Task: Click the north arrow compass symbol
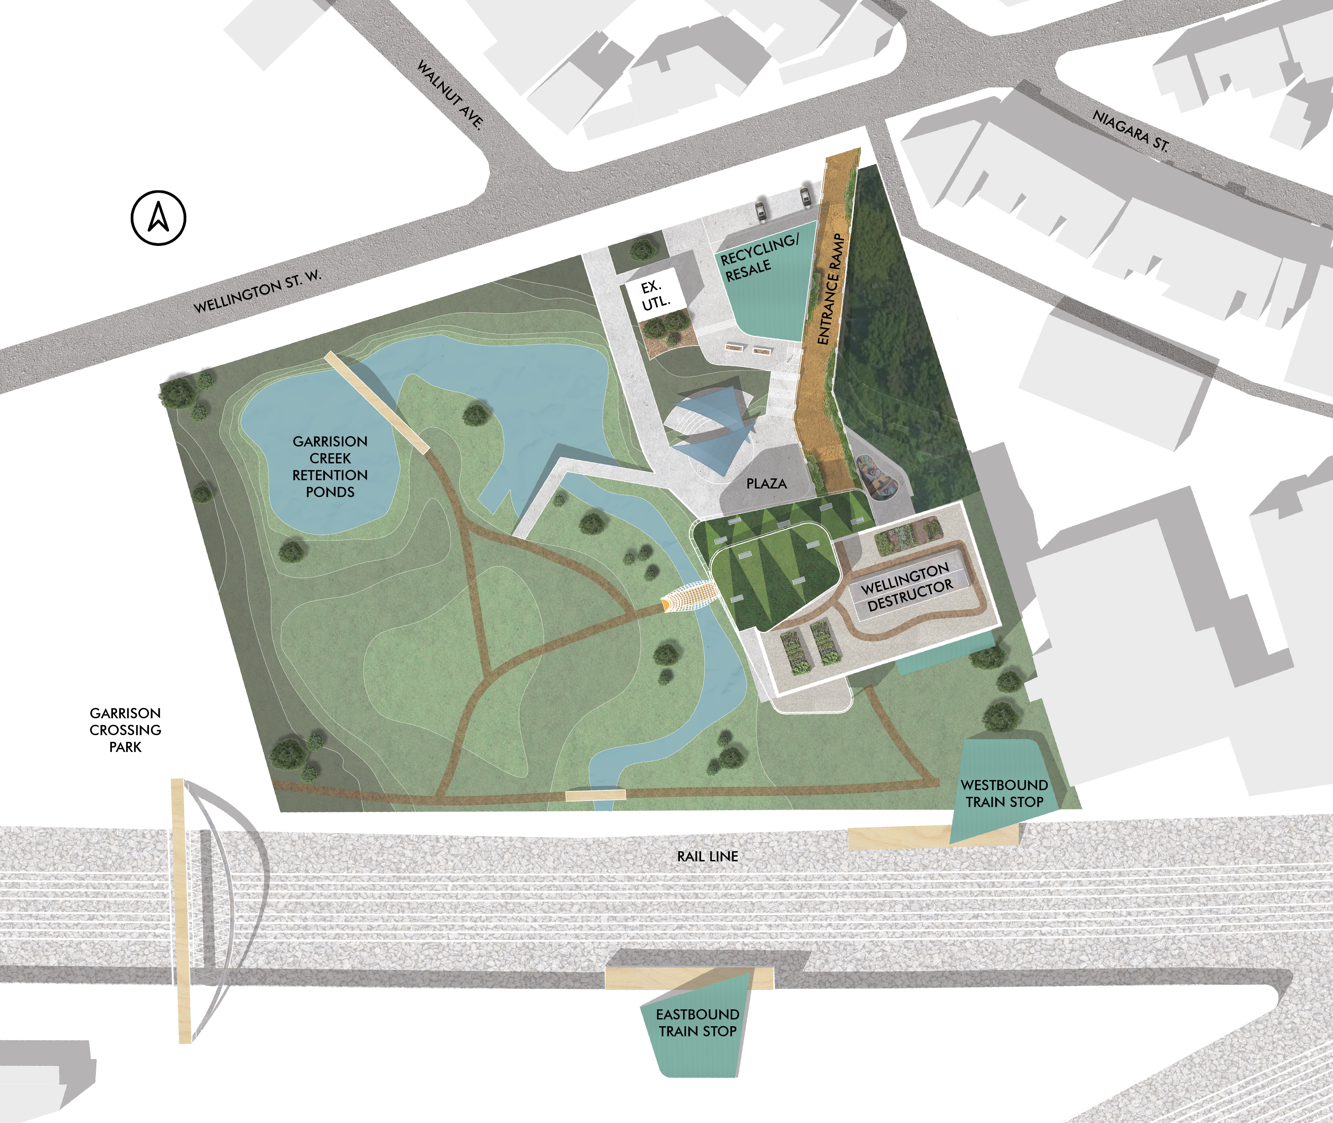click(159, 218)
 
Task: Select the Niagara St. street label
click(1131, 130)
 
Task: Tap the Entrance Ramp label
click(831, 290)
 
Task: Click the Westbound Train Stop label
click(1004, 793)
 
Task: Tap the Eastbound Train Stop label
click(697, 1022)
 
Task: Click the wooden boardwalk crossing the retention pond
click(377, 402)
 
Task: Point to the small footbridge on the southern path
click(596, 794)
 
